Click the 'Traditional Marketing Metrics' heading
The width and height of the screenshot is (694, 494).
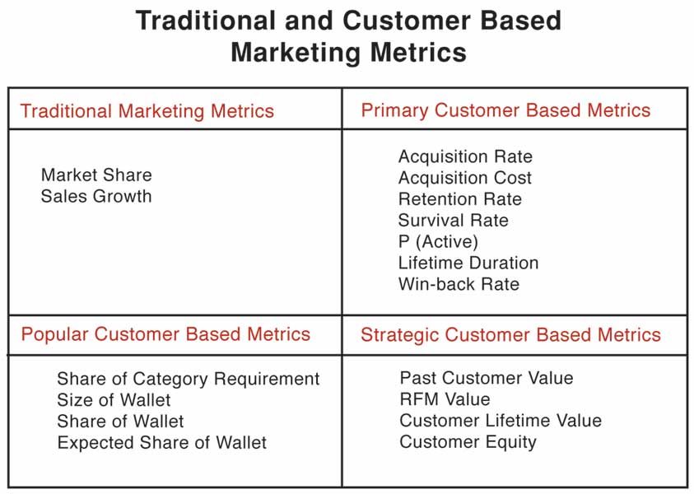pos(147,110)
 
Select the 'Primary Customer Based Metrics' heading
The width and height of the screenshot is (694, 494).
pos(505,110)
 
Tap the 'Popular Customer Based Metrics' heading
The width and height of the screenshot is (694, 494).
pos(165,334)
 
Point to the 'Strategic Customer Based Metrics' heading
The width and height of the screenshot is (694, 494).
pos(510,335)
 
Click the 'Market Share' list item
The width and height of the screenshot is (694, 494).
pos(96,175)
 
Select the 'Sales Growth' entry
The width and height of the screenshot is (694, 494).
pos(96,196)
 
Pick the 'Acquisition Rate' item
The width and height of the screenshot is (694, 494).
pos(465,156)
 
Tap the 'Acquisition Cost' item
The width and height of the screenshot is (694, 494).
pos(465,178)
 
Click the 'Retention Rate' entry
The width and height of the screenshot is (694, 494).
pos(460,199)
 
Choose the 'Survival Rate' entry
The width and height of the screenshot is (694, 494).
pos(454,221)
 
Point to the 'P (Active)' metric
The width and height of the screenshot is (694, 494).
pos(438,242)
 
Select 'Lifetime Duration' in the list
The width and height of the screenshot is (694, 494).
pos(468,263)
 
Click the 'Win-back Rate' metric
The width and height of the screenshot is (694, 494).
pos(459,284)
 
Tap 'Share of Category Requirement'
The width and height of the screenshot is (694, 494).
pos(189,379)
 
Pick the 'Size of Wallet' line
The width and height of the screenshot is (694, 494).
pos(114,400)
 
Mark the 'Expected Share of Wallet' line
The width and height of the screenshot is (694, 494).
pos(162,443)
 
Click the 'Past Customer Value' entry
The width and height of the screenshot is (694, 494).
pos(487,378)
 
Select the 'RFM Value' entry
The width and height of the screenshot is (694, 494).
pos(445,399)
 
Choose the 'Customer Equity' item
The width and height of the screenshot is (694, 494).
pos(468,442)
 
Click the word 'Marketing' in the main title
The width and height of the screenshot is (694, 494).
pos(296,52)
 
